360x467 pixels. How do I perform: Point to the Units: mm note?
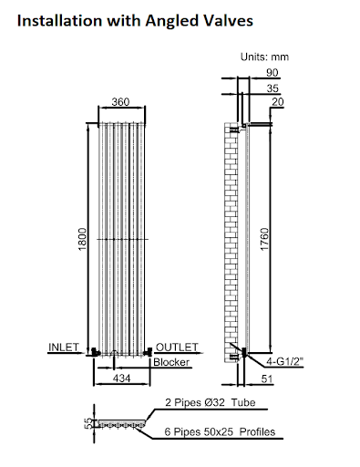click(264, 57)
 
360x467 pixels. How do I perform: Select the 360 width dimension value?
click(120, 102)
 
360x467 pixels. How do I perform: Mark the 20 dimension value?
click(274, 104)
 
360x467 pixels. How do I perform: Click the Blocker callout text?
click(170, 362)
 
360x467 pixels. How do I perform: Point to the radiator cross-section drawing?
click(119, 424)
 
